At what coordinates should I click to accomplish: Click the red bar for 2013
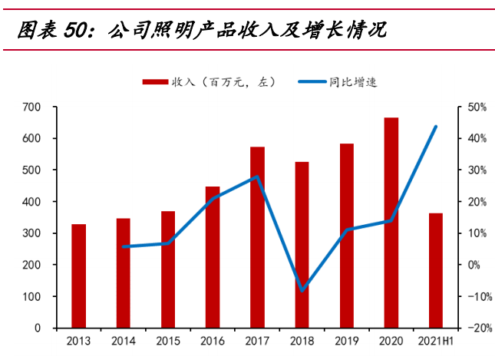pyautogui.click(x=78, y=276)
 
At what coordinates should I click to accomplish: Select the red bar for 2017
pyautogui.click(x=257, y=237)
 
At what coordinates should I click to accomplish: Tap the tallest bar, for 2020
pyautogui.click(x=391, y=223)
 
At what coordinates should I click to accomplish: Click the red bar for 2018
pyautogui.click(x=302, y=245)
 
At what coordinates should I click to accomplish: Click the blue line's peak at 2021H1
pyautogui.click(x=436, y=127)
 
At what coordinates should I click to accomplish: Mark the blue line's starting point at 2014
pyautogui.click(x=124, y=247)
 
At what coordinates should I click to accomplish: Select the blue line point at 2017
pyautogui.click(x=257, y=177)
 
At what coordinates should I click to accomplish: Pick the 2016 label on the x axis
pyautogui.click(x=213, y=342)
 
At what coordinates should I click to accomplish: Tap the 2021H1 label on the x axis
pyautogui.click(x=435, y=342)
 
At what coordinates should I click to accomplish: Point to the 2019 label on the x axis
pyautogui.click(x=346, y=342)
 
